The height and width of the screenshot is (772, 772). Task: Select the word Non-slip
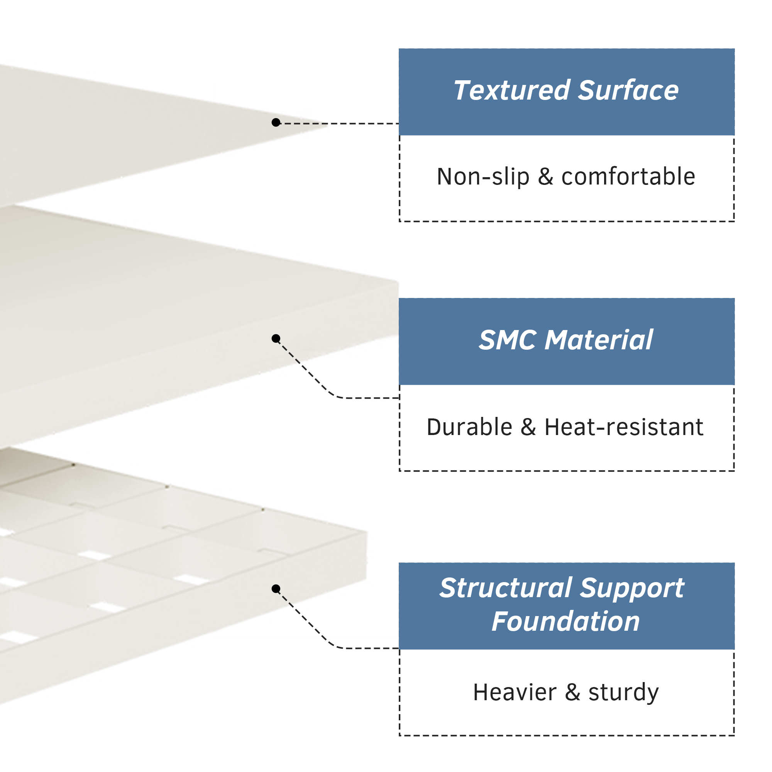[483, 177]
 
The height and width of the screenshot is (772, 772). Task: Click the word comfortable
[628, 177]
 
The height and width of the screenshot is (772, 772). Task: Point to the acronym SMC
[508, 340]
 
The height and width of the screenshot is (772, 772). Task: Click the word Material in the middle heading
[599, 340]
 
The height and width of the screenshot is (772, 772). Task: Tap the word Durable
[469, 427]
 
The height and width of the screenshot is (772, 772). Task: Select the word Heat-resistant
[624, 427]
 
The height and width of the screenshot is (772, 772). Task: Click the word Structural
[506, 588]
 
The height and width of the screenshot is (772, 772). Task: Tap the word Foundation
[566, 622]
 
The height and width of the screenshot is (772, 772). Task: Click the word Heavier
[515, 692]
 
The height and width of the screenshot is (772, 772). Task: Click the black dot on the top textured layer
[276, 122]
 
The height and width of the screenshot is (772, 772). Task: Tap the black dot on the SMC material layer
[276, 339]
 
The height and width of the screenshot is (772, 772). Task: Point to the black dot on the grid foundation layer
[276, 589]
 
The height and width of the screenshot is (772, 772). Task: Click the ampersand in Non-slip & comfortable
[545, 177]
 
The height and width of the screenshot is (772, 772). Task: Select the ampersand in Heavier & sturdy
[572, 693]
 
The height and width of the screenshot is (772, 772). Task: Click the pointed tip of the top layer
[328, 125]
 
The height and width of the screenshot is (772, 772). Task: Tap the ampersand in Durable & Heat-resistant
[528, 428]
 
